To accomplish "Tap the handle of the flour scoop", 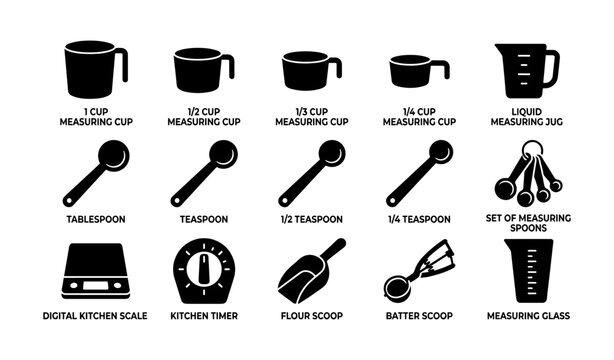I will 332,250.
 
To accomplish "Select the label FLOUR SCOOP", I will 310,316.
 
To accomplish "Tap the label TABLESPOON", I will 96,219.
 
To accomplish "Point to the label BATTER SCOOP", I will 420,316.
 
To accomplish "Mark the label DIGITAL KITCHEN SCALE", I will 96,316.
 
